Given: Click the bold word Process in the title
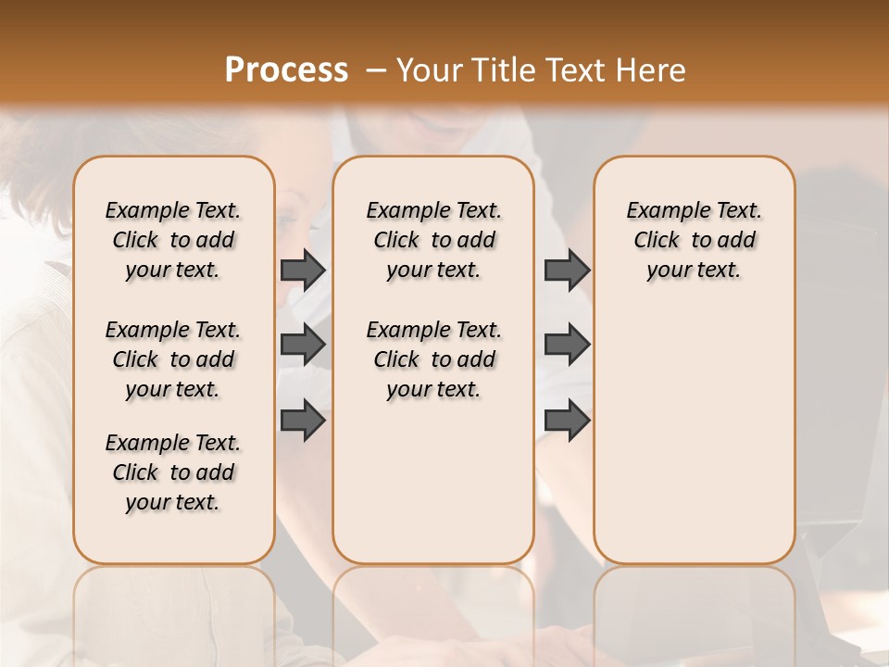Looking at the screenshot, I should click(286, 70).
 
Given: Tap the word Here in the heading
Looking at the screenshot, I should click(652, 70).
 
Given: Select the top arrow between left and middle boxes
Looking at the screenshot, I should click(303, 270).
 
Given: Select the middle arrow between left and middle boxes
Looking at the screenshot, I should click(303, 345).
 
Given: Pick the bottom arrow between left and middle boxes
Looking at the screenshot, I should click(303, 421).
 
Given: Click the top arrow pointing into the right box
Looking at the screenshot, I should click(567, 270).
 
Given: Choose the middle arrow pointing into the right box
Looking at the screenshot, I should click(567, 345).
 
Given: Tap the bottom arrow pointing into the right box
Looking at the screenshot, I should click(567, 421).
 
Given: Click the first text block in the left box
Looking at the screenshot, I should click(173, 240).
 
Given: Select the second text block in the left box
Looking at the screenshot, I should click(173, 359).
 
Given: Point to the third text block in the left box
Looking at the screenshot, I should click(173, 472).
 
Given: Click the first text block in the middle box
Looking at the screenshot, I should click(433, 240).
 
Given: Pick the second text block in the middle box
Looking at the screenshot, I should click(433, 359).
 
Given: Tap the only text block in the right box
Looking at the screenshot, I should click(694, 240).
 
